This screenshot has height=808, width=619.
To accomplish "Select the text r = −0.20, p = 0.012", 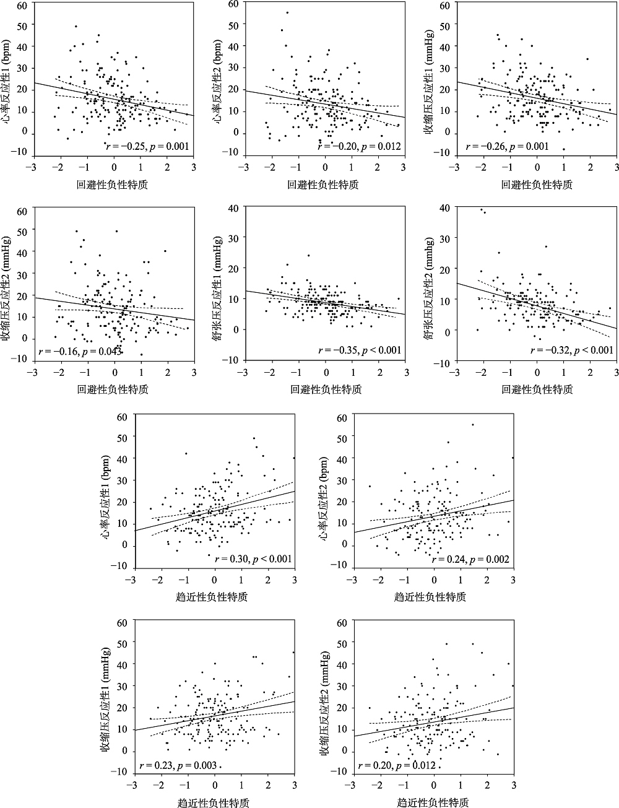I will point(360,146).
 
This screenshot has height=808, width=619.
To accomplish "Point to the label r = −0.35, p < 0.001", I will point(360,350).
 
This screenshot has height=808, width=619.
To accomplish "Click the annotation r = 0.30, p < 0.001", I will point(253,559).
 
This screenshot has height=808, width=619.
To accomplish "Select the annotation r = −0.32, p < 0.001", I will point(573,350).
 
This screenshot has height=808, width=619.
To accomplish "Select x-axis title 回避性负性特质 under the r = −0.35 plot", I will point(325,389).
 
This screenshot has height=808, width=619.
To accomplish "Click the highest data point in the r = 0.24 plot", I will point(472,424).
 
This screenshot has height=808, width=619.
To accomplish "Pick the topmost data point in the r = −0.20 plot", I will point(287,12).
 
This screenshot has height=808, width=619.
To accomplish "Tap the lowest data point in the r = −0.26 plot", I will point(563,149).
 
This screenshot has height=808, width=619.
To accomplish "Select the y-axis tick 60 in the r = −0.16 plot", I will point(23,211).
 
